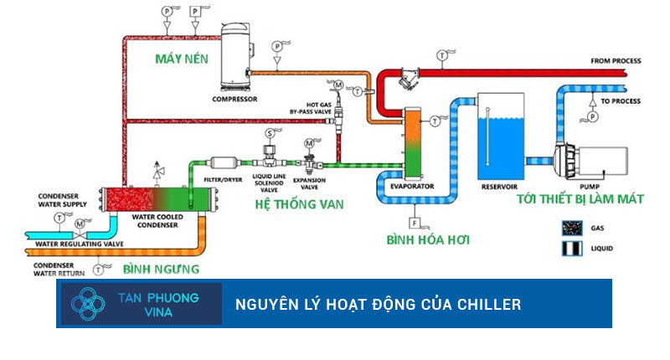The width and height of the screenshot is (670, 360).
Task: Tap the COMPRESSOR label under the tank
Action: (x=235, y=99)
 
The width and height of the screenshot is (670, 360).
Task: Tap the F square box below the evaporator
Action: (x=414, y=224)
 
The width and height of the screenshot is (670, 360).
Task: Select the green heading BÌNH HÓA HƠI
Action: (x=428, y=241)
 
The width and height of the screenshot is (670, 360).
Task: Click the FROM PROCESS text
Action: (x=616, y=60)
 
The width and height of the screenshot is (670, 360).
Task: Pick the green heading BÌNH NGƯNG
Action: (x=162, y=270)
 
